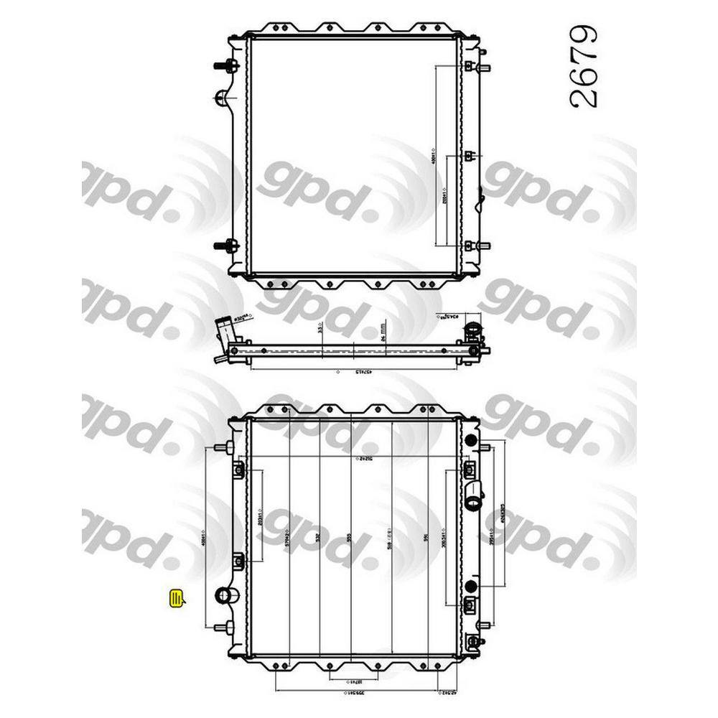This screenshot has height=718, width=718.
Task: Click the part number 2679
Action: (x=582, y=68)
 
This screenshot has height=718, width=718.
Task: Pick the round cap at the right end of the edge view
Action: (x=473, y=331)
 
